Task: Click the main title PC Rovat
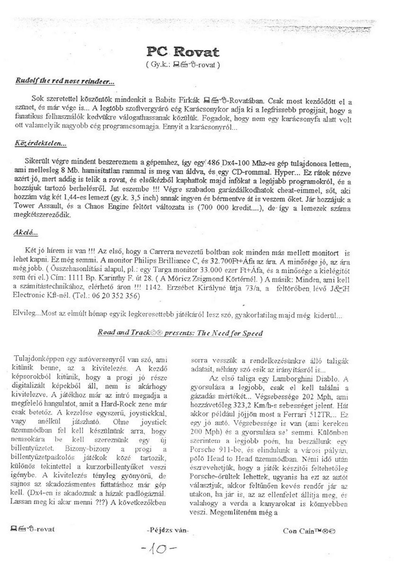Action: click(183, 52)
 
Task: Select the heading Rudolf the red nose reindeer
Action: click(65, 81)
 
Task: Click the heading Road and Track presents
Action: click(180, 333)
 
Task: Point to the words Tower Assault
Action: click(34, 208)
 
